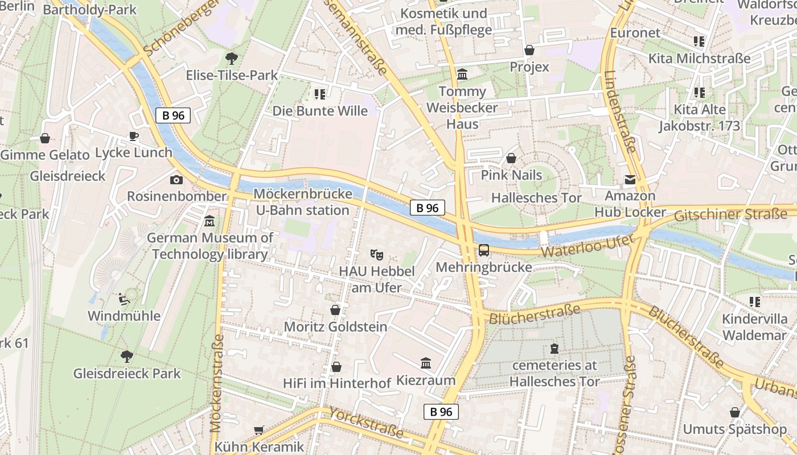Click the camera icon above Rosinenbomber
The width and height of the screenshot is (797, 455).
point(176,180)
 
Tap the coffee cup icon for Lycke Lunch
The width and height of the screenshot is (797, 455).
point(133,136)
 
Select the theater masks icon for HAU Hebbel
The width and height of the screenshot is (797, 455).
point(375,254)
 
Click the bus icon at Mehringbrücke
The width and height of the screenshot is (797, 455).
point(483,250)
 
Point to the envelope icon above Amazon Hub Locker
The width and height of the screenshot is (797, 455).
point(630,180)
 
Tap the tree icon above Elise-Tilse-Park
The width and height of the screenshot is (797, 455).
point(231,58)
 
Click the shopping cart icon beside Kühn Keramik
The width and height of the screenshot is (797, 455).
point(259,431)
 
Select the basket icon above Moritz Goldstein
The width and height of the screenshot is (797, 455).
point(335,310)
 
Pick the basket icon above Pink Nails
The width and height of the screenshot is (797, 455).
point(511,158)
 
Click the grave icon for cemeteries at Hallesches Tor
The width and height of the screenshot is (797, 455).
point(554,349)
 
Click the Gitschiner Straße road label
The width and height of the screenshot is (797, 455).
point(730,215)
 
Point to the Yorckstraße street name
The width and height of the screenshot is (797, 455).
point(367,423)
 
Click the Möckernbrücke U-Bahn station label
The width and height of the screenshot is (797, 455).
point(302,202)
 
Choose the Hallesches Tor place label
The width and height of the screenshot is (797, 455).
point(536,198)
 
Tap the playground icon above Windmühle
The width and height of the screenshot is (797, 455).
point(124,299)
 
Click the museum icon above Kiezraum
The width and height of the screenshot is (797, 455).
point(425,363)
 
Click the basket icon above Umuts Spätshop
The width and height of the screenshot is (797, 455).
point(735,412)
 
